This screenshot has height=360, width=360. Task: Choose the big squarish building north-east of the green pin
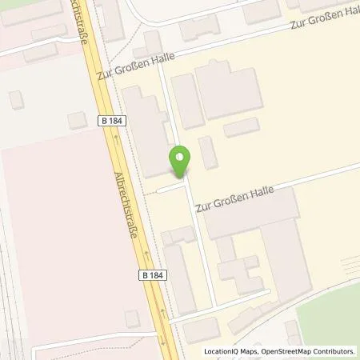(229, 91)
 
